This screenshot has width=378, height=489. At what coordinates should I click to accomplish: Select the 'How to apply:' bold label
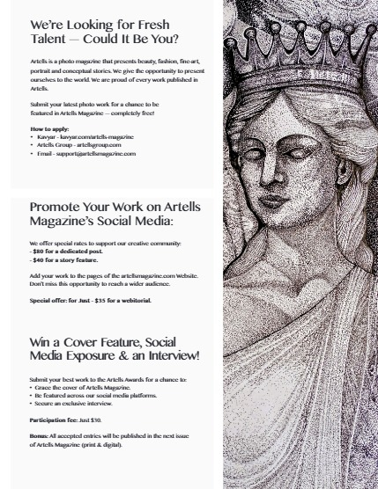[49, 129]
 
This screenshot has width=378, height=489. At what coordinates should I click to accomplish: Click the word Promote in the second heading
[58, 208]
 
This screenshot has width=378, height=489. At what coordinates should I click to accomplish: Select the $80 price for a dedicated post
[39, 252]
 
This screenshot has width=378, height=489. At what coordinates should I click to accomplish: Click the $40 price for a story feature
[39, 259]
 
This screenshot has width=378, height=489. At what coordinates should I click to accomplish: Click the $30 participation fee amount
[96, 420]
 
